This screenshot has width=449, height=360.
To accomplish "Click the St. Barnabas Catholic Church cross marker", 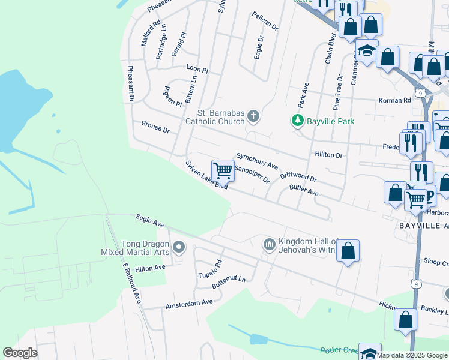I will pos(253,116).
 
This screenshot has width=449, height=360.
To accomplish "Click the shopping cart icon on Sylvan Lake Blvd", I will pos(223,170).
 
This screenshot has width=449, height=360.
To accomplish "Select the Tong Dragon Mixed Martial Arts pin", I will pos(178,247).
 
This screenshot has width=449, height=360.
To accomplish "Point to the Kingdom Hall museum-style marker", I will pos(268,244).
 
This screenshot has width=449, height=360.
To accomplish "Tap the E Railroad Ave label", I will pos(131,282).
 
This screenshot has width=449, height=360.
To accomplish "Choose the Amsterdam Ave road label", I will pos(190,304).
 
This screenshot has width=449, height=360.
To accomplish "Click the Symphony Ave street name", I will pos(257,160).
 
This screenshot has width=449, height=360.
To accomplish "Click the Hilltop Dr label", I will pos(328,154).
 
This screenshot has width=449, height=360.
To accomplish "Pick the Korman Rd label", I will pos(394,100).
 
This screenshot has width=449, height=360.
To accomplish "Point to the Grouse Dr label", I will pos(155,127).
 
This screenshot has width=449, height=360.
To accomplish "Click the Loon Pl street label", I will pos(197,69).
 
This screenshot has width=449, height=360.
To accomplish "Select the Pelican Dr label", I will pos(265,21).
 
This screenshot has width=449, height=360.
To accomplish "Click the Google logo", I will pos(20,353).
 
